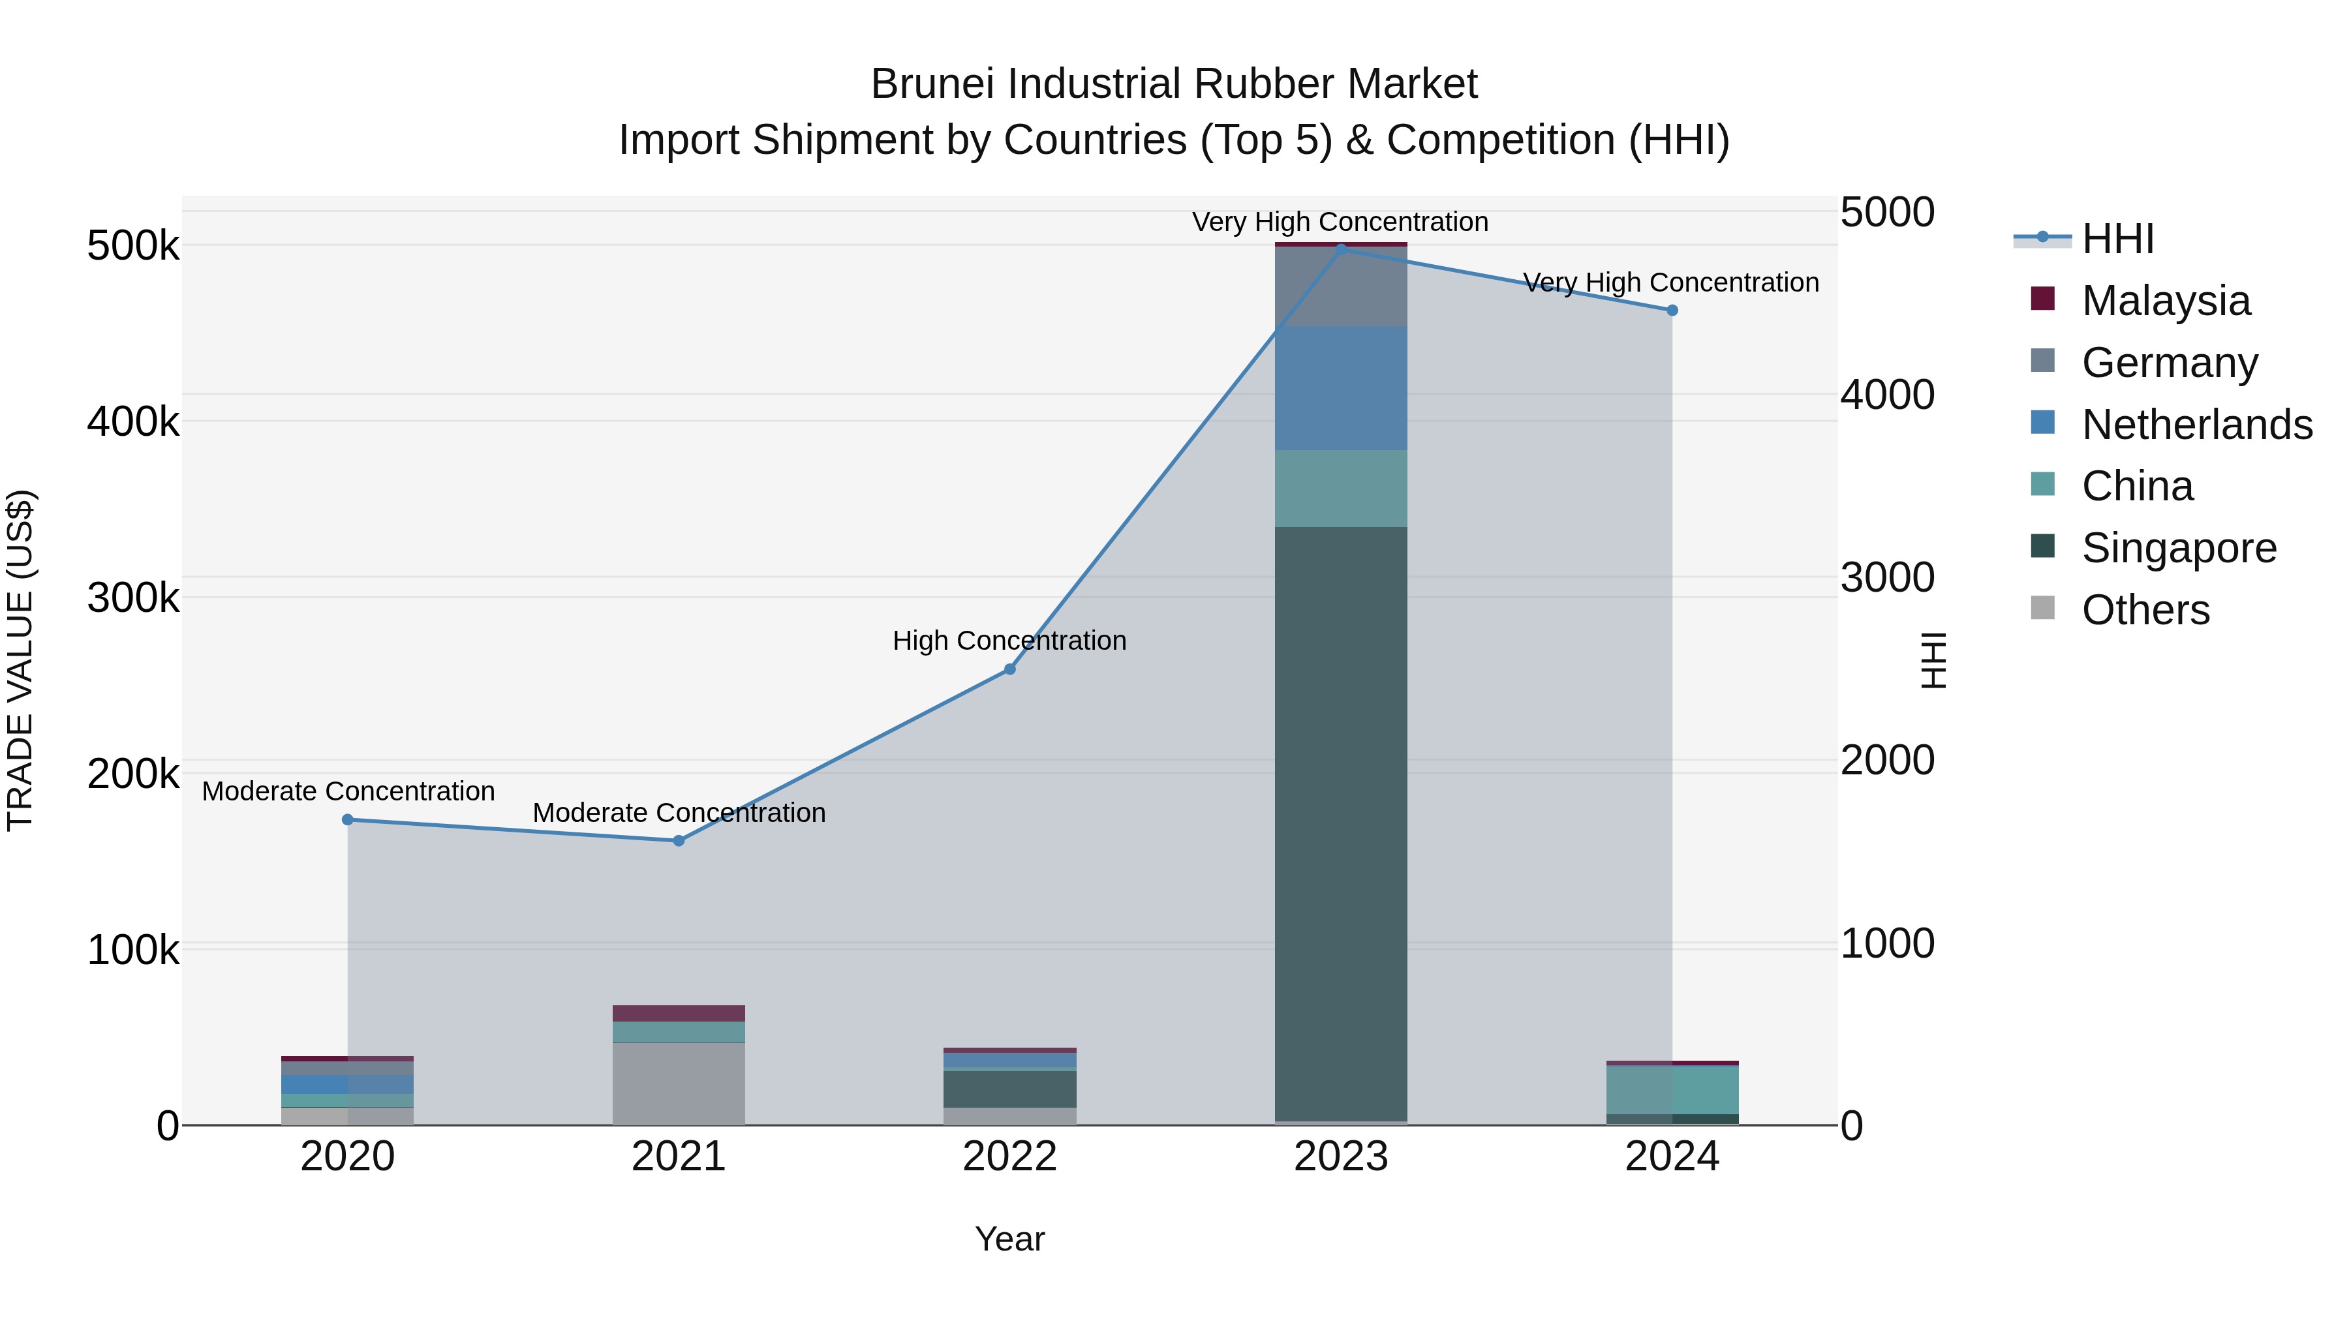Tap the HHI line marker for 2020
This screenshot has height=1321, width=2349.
click(x=347, y=819)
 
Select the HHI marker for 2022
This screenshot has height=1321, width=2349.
click(x=1009, y=669)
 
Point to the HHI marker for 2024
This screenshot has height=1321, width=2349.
click(x=1672, y=310)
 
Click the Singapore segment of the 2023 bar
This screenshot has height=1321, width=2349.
click(x=1340, y=821)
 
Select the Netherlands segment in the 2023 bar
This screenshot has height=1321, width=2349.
click(x=1340, y=387)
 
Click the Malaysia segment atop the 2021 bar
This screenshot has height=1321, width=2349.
click(x=679, y=1013)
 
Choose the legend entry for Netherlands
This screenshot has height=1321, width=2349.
click(x=2197, y=425)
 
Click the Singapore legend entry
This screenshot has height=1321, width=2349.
click(x=2179, y=548)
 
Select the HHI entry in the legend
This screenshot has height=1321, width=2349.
click(x=2117, y=239)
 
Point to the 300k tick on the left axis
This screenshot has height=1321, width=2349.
click(x=133, y=598)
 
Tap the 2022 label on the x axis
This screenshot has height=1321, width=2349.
click(x=1009, y=1157)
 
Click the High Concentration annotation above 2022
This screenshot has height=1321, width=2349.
click(x=1009, y=641)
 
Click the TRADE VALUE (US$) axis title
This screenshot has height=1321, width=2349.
click(x=20, y=660)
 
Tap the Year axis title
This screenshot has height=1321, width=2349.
click(x=1009, y=1239)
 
